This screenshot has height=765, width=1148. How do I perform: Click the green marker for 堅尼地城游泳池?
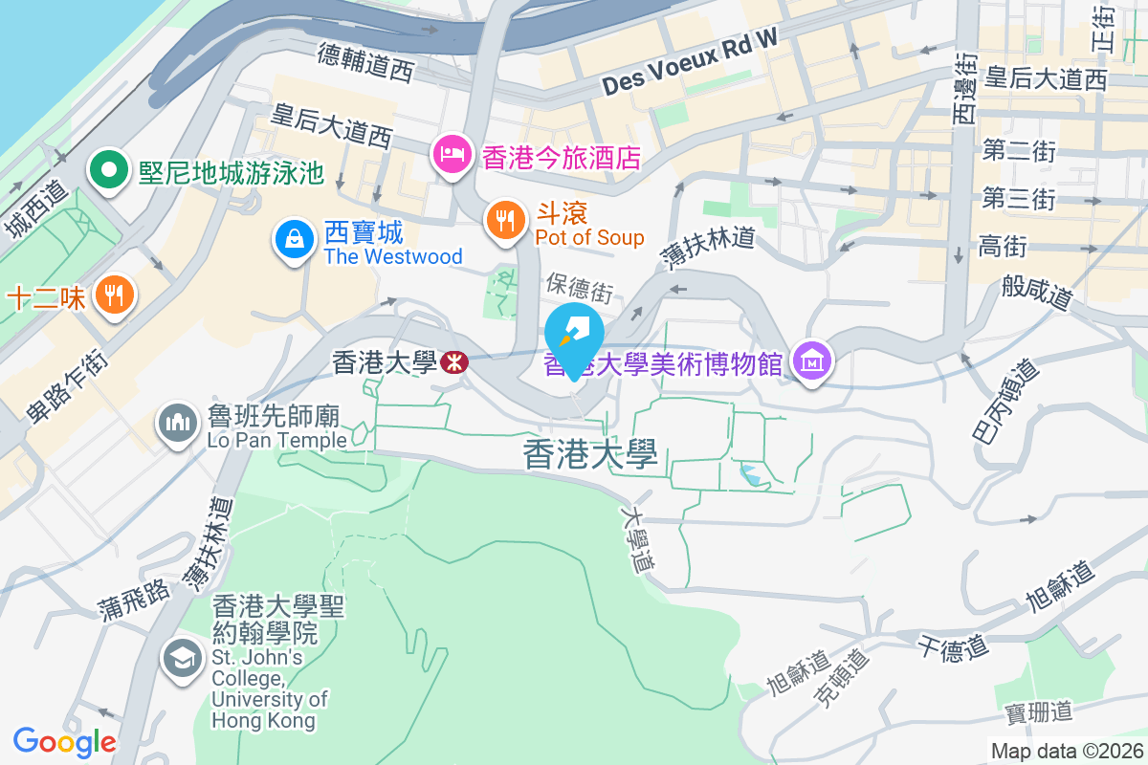tap(109, 171)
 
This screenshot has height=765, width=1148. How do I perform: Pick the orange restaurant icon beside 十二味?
tap(115, 295)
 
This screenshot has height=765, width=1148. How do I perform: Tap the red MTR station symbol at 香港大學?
tap(453, 362)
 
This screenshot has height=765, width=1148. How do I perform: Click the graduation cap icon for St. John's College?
tap(181, 658)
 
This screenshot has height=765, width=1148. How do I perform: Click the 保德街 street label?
tap(579, 285)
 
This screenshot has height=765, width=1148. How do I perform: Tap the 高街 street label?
tap(1002, 248)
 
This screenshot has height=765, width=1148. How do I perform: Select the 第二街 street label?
tap(1018, 150)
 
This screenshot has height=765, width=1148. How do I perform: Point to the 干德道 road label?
tap(953, 648)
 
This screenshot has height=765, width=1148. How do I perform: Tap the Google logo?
tap(64, 741)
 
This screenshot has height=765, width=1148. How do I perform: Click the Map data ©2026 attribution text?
tap(1066, 752)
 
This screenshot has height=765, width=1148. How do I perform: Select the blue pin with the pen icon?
tap(574, 334)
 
